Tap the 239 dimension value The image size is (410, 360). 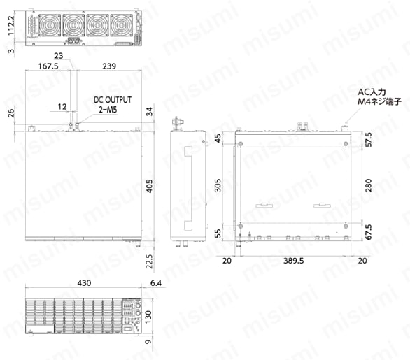click(108, 67)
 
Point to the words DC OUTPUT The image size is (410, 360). click(113, 101)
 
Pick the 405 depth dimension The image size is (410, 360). click(149, 185)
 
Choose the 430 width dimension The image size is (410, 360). click(84, 283)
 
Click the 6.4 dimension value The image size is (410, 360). click(155, 283)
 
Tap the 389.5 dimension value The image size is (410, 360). click(292, 261)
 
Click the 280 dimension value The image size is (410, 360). click(367, 185)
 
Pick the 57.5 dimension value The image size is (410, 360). click(367, 140)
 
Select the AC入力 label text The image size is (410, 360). click(372, 92)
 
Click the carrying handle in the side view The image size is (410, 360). click(187, 189)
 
